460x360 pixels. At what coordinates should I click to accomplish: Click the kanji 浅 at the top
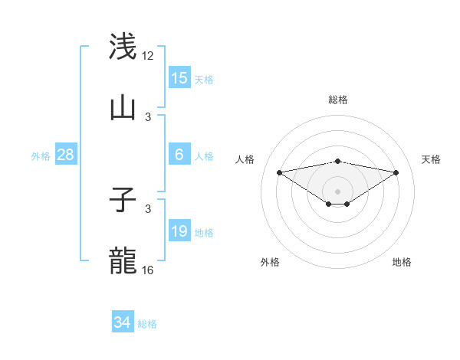coord(123,46)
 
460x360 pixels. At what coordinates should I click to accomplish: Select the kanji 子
coord(123,201)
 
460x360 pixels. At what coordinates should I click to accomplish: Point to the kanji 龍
coord(123,261)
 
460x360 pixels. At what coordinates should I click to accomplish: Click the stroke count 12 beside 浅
coord(148,55)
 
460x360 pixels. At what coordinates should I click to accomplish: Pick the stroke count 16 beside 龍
coord(148,270)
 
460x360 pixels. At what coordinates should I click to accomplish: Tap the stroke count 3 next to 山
coord(148,116)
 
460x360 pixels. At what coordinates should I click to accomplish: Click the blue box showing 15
coord(179,78)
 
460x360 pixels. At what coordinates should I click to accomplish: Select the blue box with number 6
coord(179,155)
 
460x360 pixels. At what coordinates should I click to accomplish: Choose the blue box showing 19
coord(179,231)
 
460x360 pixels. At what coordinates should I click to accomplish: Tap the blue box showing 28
coord(66,155)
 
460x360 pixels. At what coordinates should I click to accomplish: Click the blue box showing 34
coord(123,322)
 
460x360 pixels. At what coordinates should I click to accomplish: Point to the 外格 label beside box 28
coord(41,155)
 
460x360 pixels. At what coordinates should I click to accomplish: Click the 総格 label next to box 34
coord(147,324)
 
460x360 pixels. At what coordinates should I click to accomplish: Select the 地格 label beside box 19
coord(204,232)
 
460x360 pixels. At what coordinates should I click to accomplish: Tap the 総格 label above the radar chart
coord(338,100)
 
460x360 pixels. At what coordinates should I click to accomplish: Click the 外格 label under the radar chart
coord(270,262)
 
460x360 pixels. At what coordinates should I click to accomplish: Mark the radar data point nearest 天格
coord(396,172)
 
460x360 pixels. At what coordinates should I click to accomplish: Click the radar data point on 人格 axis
coord(280,172)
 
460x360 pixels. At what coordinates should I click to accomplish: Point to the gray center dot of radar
coord(338,191)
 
